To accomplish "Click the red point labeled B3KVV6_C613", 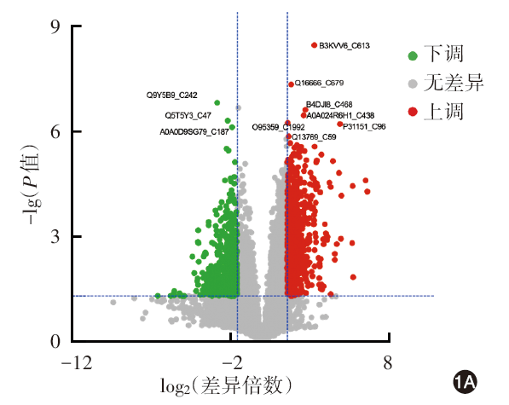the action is [314, 45].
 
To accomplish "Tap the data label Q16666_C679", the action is [319, 83].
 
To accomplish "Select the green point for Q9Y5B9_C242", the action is [217, 103].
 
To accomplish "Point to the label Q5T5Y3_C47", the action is [188, 115].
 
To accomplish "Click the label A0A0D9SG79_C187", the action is [194, 132].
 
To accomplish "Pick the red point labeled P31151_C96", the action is [340, 124].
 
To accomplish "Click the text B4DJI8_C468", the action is [329, 105].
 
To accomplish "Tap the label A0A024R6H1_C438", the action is [340, 115].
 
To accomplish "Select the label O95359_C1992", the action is [278, 127].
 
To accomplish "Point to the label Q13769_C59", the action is [314, 137].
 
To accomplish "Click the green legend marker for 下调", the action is [413, 55].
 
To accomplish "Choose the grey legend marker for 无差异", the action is [413, 84].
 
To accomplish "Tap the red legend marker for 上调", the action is [413, 112].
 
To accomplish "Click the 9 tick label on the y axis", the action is [55, 26].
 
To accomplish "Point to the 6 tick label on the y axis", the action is [55, 131].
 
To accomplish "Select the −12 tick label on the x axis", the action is [77, 362].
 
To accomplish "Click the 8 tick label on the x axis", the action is [388, 362].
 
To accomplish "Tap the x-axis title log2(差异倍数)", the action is [226, 386].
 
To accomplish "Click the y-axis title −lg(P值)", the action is [32, 184].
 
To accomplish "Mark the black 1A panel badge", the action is [465, 382].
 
